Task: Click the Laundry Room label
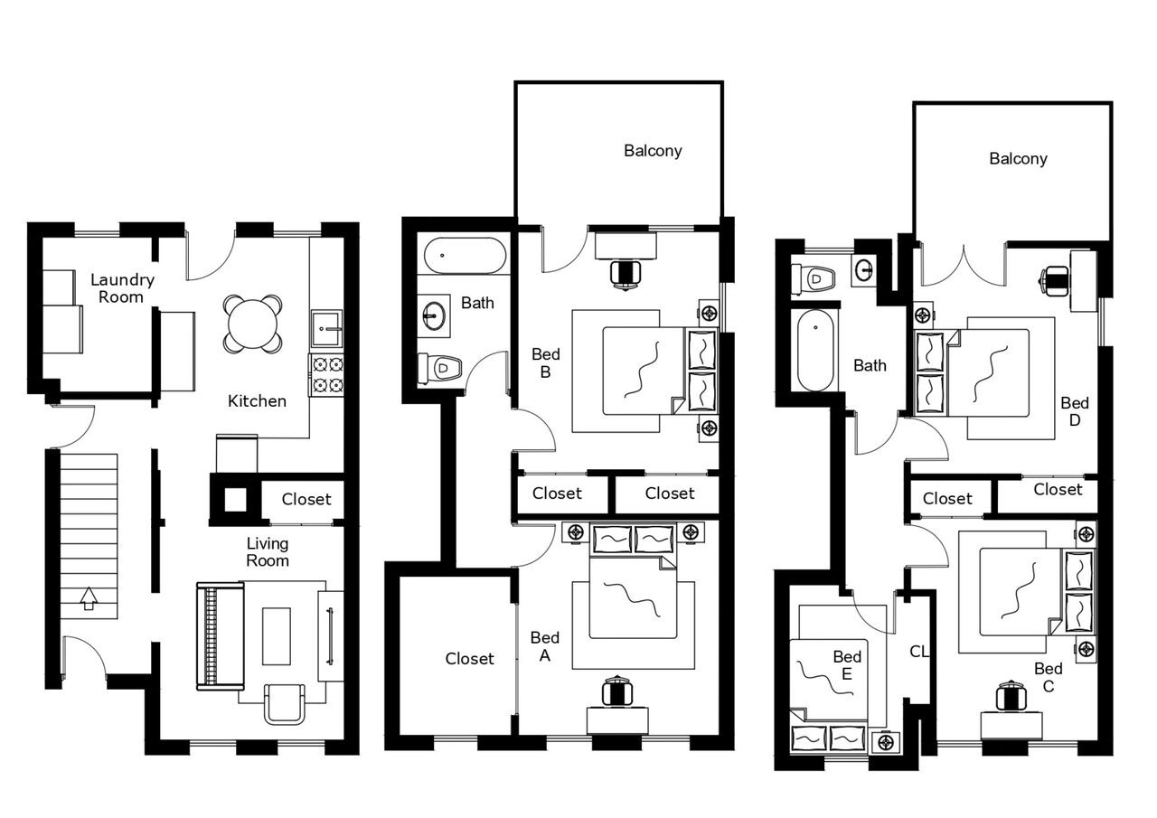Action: (121, 288)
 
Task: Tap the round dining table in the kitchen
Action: (253, 324)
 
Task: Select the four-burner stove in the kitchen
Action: (327, 375)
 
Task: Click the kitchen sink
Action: (326, 328)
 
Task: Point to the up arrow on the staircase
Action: (89, 598)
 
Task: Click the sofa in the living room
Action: (220, 636)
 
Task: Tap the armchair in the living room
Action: (285, 703)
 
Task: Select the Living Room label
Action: (268, 551)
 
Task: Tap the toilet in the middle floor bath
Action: (440, 368)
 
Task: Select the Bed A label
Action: (545, 647)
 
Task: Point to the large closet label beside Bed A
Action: (469, 659)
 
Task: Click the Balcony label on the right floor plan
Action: (1018, 159)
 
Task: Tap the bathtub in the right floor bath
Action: (815, 350)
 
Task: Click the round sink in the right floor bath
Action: (865, 268)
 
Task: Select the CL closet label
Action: (919, 651)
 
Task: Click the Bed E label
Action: (847, 665)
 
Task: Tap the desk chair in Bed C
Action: (1011, 695)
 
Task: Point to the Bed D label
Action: (1075, 411)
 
